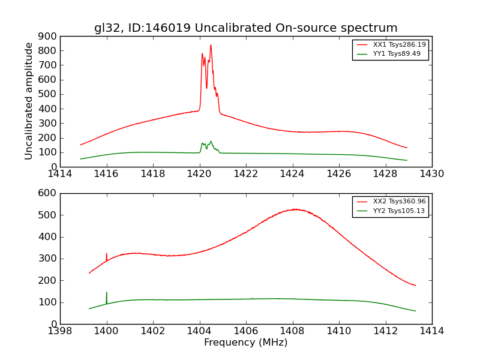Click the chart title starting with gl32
click(245, 28)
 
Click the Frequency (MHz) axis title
click(245, 343)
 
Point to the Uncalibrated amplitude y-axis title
click(29, 101)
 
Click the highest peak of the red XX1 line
click(211, 45)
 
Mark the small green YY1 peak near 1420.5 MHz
click(211, 142)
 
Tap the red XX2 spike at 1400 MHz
click(107, 254)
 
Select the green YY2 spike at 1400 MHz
click(107, 292)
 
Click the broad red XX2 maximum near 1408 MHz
click(295, 209)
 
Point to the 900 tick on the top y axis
click(60, 36)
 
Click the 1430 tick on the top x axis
click(431, 167)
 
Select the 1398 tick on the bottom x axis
click(60, 324)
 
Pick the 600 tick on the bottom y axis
click(60, 193)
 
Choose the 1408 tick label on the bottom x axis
click(292, 331)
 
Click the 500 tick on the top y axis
click(60, 94)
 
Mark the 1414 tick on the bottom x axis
click(431, 324)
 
